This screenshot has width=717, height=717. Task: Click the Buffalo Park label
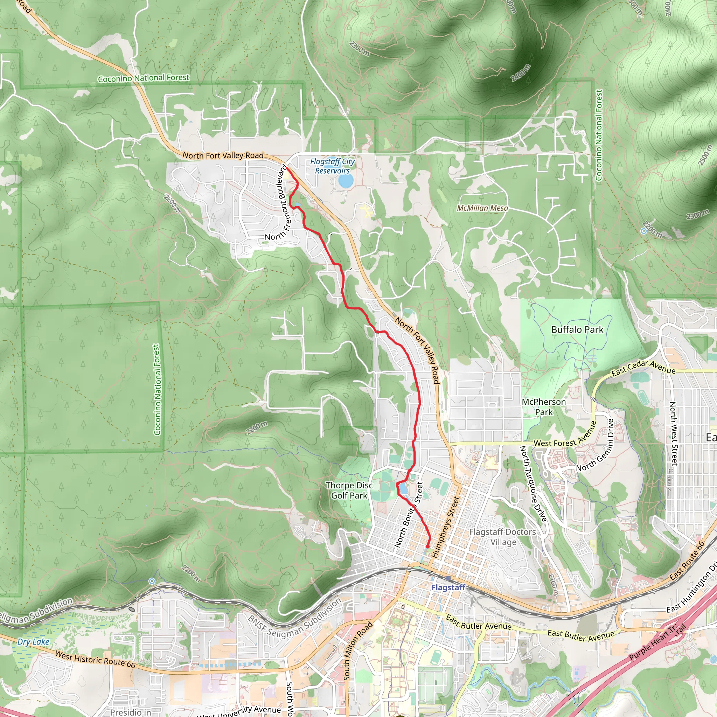577,329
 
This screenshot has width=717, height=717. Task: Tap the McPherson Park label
544,407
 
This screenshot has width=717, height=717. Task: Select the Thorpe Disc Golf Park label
349,490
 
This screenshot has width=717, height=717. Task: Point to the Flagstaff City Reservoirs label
333,166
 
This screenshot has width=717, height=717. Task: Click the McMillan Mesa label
482,208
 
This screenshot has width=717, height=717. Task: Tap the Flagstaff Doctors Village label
503,537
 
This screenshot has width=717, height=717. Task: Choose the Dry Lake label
33,642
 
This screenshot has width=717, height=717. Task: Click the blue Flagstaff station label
448,587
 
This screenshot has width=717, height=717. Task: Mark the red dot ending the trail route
427,547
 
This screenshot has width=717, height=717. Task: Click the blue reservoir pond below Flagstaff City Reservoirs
346,181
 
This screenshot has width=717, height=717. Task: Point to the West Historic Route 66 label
95,660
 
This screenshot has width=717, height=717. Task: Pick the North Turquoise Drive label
533,484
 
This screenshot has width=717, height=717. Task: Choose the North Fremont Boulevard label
284,202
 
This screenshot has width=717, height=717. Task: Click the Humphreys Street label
446,527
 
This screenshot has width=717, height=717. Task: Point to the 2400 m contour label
520,73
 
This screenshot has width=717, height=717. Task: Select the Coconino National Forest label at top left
144,78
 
